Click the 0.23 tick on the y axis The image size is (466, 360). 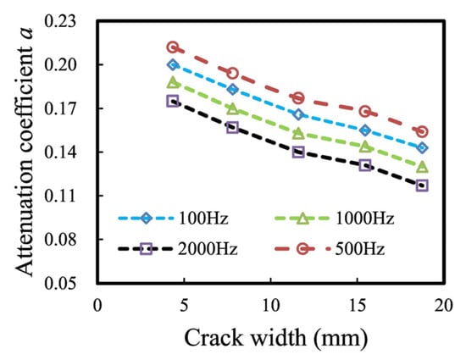pos(69,20)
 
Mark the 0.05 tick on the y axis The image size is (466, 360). pos(69,283)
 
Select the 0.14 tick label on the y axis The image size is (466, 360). pos(69,152)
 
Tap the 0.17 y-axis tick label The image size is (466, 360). pos(69,108)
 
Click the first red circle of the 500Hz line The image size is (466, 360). pos(173,47)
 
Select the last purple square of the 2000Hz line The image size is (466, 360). pos(422,186)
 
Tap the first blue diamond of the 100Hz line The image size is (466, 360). pos(173,64)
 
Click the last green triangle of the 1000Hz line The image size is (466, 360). pos(422,167)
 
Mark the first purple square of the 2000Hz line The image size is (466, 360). pos(173,101)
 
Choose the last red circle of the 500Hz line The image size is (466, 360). pos(422,131)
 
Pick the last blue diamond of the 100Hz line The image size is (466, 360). pos(422,148)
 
